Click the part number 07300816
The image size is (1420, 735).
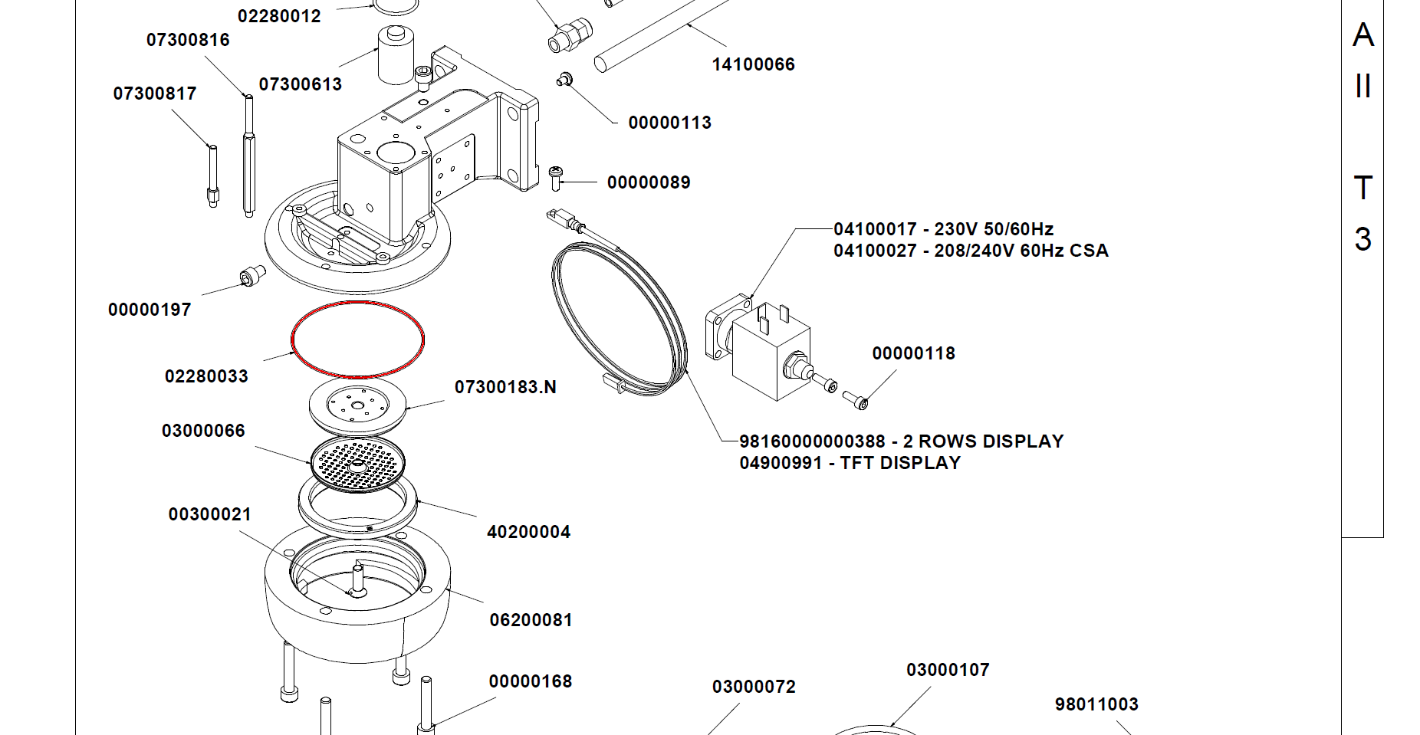tap(188, 40)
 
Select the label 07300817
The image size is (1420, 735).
tap(155, 94)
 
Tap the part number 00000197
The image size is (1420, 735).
tap(150, 310)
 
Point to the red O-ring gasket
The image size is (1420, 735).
tap(357, 304)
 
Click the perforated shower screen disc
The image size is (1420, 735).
tap(357, 464)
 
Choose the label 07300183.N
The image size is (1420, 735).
tap(505, 387)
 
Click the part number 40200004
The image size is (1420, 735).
tap(528, 532)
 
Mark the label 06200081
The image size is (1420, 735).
tap(531, 620)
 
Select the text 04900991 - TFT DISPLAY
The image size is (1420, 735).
tap(850, 463)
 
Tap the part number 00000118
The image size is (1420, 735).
tap(913, 353)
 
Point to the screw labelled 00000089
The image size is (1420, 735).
tap(557, 178)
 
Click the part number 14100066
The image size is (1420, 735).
tap(753, 64)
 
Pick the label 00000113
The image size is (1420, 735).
tap(669, 123)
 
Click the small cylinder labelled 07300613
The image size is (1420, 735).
tap(396, 55)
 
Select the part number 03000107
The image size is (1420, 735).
tap(948, 670)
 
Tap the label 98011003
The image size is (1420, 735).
tap(1096, 704)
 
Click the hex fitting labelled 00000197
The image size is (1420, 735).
tap(252, 275)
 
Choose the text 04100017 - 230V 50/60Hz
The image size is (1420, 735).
tap(943, 229)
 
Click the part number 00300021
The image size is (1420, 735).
tap(209, 514)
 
